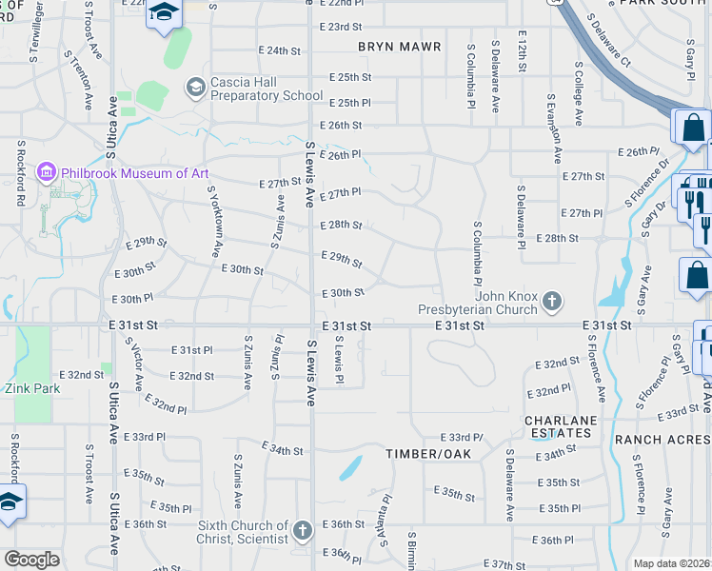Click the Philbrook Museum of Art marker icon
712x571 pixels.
pos(46,172)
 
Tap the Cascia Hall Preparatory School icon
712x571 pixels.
pos(196,88)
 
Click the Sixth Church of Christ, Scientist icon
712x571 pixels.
pos(302,530)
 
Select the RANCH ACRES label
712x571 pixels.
pos(663,440)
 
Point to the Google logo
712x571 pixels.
pos(31,560)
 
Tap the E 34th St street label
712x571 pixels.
pos(282,450)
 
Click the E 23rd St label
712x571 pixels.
pos(342,27)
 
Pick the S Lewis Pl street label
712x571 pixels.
pos(337,365)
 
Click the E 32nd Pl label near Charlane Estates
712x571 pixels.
pos(548,391)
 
